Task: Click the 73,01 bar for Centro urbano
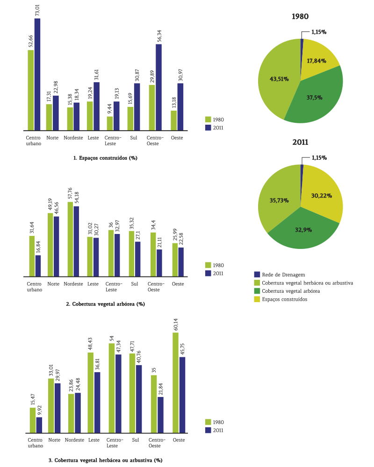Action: (x=37, y=75)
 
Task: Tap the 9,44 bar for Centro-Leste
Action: (x=110, y=123)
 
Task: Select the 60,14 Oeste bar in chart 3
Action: (x=176, y=383)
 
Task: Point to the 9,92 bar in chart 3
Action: (x=39, y=425)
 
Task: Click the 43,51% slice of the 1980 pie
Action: (x=276, y=79)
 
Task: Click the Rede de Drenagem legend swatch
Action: (x=257, y=275)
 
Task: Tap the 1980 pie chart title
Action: (x=300, y=16)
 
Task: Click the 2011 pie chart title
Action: (x=300, y=142)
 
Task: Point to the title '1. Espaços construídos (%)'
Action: (x=105, y=158)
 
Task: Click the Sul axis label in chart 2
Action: (x=135, y=284)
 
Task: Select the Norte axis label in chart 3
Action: (x=54, y=440)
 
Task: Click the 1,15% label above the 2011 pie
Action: (x=319, y=158)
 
